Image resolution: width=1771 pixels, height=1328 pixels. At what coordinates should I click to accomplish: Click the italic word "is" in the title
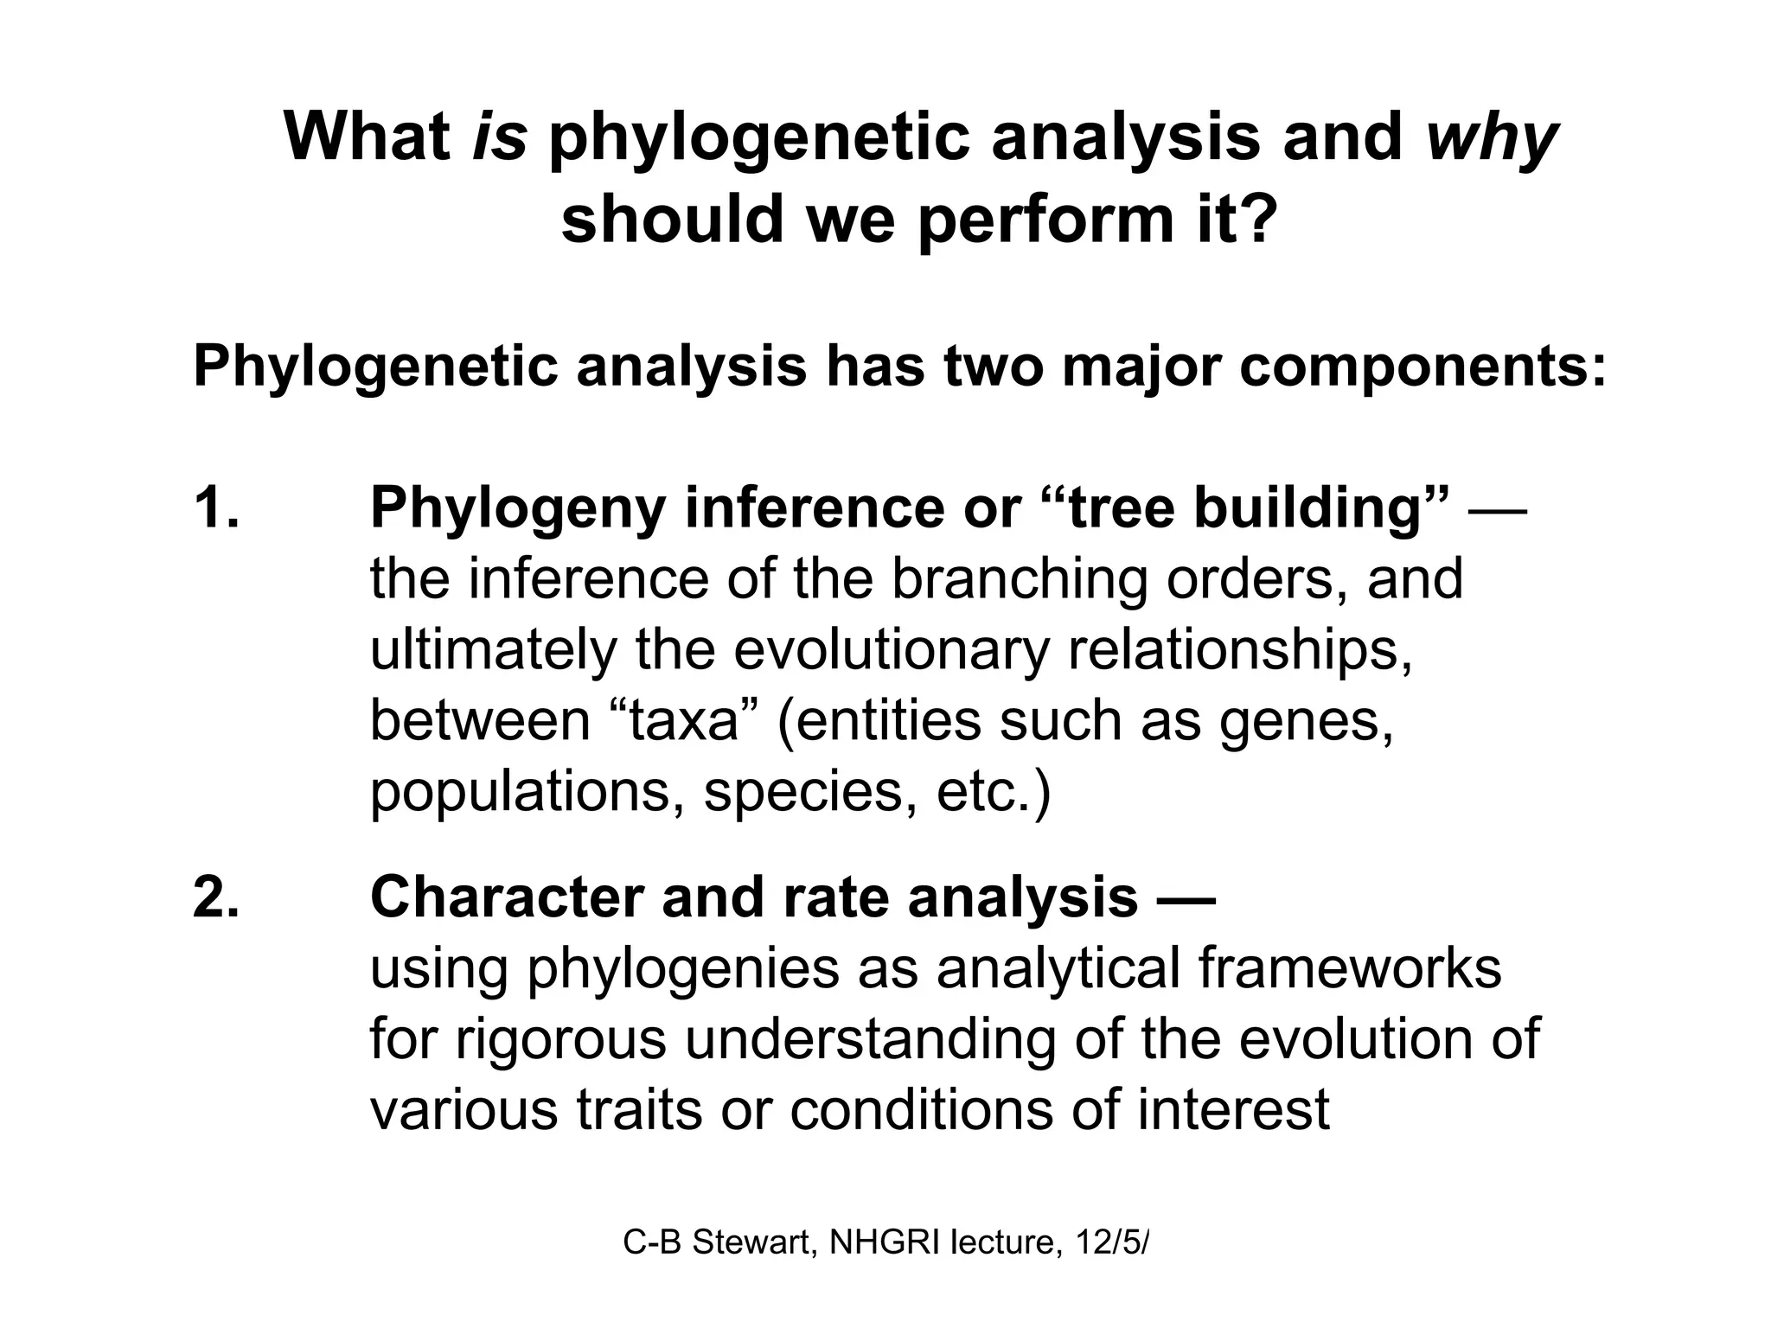(x=499, y=137)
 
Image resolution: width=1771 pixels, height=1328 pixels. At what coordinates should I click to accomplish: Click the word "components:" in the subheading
(x=1423, y=367)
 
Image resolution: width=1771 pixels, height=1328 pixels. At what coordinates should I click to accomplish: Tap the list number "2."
(x=215, y=897)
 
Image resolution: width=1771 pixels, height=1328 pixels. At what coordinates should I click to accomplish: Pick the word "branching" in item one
(x=1020, y=580)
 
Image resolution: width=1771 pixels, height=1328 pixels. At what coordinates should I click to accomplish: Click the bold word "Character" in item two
(x=506, y=897)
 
